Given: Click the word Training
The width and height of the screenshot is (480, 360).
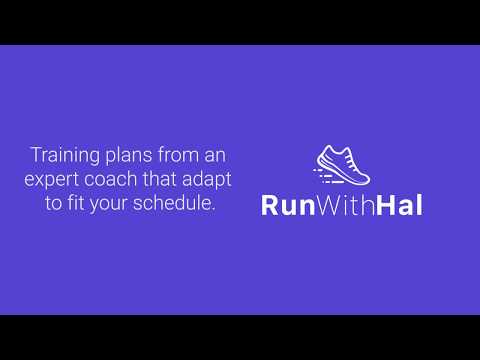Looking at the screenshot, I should tap(62, 156).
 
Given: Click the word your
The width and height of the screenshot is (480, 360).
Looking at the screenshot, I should tap(114, 206).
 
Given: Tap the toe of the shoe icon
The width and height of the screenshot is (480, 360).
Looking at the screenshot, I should tap(363, 178).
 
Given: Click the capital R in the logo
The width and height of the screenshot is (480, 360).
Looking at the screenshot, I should tap(269, 205).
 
